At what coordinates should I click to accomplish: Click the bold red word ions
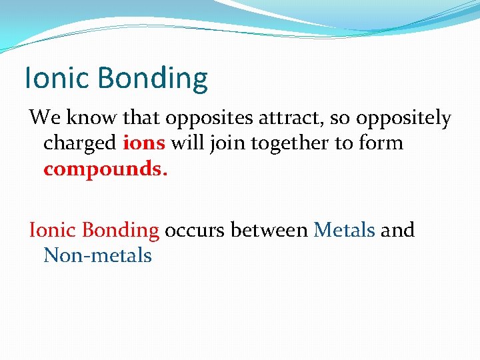click(145, 143)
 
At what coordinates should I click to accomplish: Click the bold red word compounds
click(105, 169)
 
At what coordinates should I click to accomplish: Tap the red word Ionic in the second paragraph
click(53, 230)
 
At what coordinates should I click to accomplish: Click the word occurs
click(194, 231)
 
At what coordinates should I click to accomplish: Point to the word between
click(268, 230)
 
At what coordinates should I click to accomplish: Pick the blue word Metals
click(345, 230)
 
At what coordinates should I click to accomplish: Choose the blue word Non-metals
click(97, 255)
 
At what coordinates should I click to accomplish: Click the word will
click(187, 143)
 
